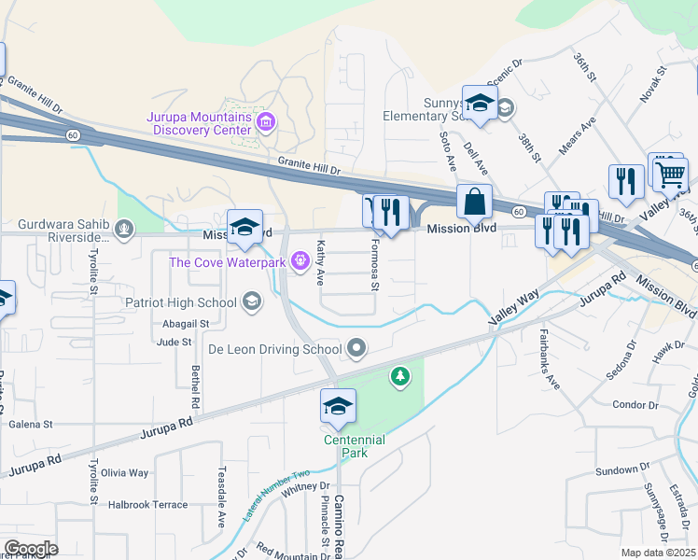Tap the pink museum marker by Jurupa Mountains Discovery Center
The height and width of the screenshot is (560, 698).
coord(266,121)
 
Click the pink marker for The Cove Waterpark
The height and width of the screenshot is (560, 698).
coord(300,261)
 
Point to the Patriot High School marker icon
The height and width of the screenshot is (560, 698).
coord(250,301)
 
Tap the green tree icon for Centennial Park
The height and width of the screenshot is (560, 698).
coord(400,375)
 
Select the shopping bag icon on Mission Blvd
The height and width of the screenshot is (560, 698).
coord(475,202)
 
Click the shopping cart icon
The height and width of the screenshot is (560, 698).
coord(669,174)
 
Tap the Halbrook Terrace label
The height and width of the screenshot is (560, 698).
coord(148,504)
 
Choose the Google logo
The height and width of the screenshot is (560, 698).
coord(31,549)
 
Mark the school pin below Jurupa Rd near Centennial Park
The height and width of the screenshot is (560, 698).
coord(338,407)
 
